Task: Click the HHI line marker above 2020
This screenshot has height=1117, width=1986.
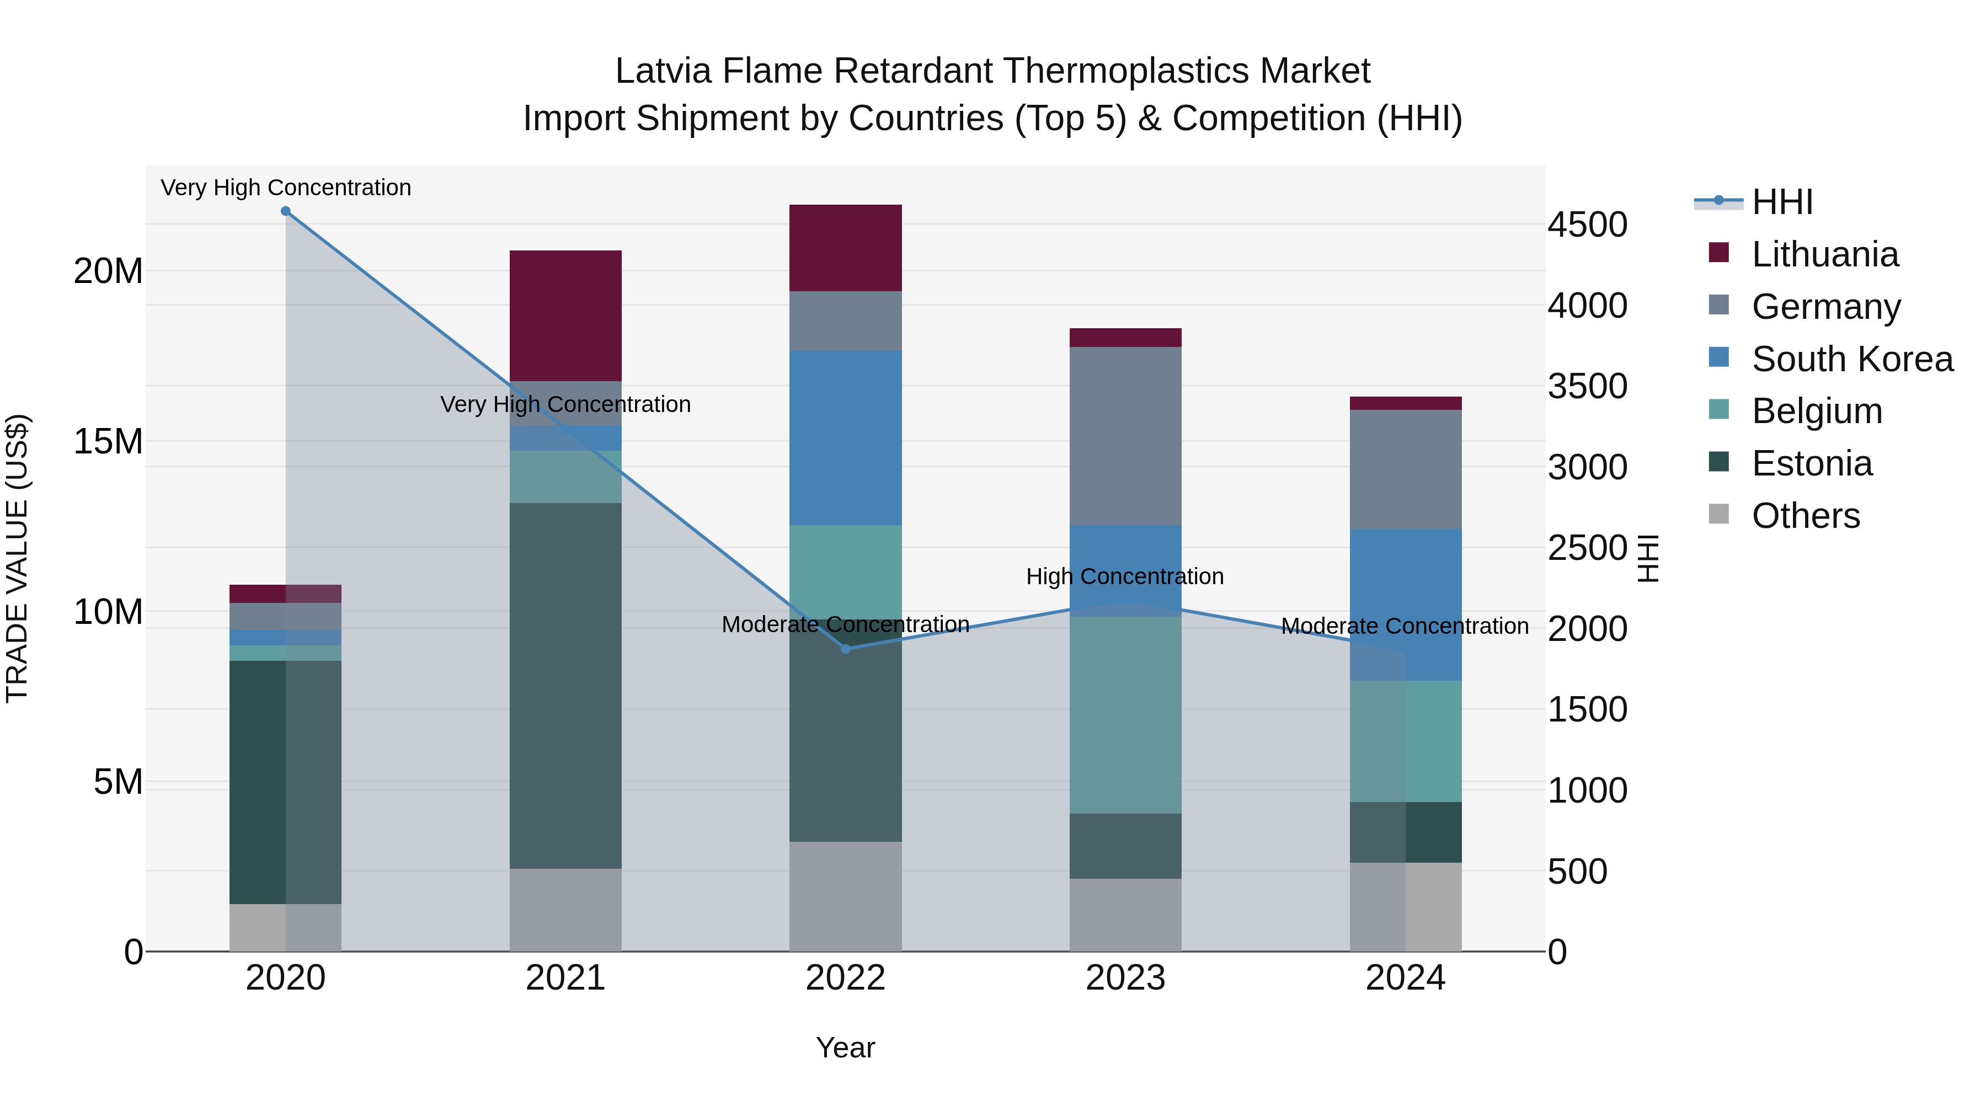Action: click(285, 211)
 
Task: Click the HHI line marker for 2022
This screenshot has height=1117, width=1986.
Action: click(846, 649)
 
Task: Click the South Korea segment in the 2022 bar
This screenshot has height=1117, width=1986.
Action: click(846, 438)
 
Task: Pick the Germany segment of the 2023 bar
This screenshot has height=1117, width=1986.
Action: click(1125, 436)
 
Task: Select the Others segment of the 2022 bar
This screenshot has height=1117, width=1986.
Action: click(846, 896)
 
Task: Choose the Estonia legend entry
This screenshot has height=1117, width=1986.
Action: click(1811, 464)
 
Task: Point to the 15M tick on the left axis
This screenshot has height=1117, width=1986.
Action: click(108, 442)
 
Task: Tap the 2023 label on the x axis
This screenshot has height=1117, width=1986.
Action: click(1125, 978)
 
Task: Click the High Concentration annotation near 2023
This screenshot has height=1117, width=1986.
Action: click(1124, 576)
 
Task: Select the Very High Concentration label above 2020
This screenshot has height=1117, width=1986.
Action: click(285, 188)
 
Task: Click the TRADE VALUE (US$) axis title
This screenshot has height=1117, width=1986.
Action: click(17, 558)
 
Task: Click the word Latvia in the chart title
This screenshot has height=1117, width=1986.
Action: click(662, 71)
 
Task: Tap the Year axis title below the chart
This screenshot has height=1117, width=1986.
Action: click(845, 1047)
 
